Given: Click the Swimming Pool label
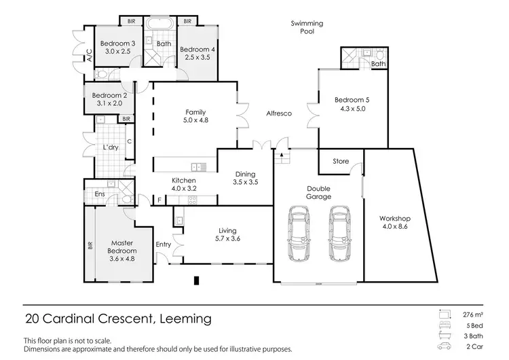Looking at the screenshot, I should point(307,27).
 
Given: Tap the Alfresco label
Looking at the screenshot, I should point(278,113).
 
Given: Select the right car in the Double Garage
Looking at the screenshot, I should point(341,233).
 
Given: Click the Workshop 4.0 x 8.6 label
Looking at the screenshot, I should point(394,223).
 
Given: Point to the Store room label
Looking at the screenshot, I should point(340,162).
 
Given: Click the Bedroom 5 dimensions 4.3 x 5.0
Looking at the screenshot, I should point(351,108).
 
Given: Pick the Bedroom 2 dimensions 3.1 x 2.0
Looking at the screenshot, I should point(109,103).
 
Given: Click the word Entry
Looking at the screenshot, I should point(164,245).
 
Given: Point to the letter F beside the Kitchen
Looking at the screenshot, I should point(159,200).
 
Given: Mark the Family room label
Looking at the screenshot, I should point(195,116).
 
